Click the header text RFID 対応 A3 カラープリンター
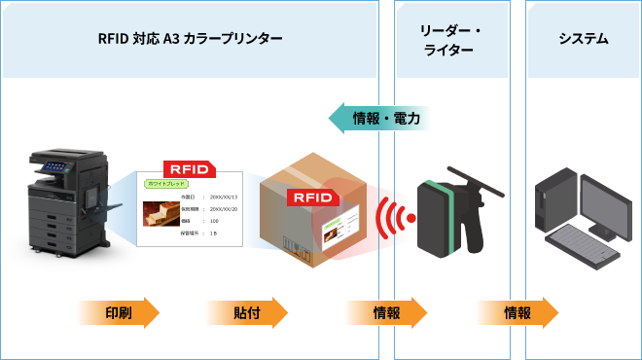190,39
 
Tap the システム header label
583,39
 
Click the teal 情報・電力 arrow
378,118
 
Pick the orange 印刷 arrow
118,312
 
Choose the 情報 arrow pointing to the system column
517,312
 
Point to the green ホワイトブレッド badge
164,183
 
